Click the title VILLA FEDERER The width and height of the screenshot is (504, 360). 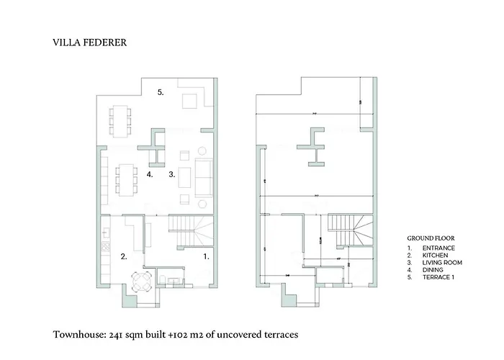click(x=89, y=42)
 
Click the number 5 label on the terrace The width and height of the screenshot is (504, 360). click(x=161, y=92)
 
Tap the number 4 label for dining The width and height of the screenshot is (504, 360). click(x=150, y=174)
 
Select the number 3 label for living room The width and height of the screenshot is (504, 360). click(x=172, y=174)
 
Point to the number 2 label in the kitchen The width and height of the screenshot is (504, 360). click(x=124, y=256)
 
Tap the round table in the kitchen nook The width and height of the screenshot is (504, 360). click(x=140, y=281)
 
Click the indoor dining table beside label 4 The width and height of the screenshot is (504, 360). click(x=128, y=178)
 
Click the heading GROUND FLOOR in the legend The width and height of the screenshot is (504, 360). click(x=431, y=238)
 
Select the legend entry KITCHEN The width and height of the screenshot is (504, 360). click(x=435, y=256)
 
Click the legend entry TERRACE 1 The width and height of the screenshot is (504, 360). click(x=438, y=277)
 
